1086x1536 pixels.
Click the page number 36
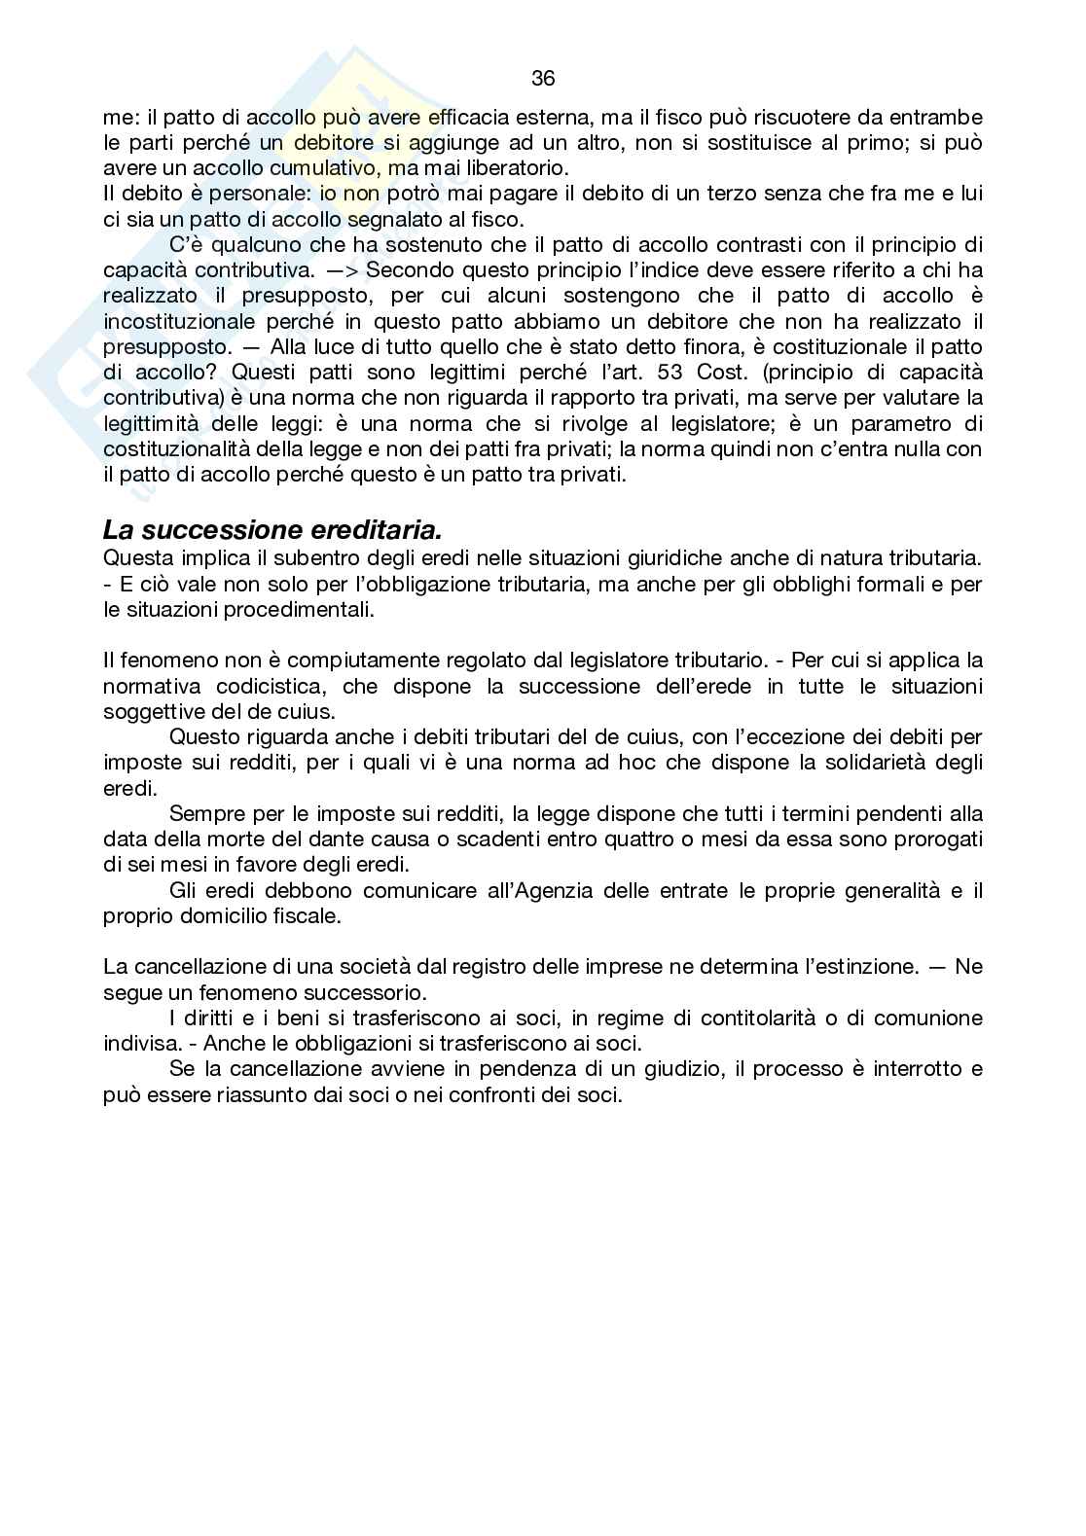point(543,78)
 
